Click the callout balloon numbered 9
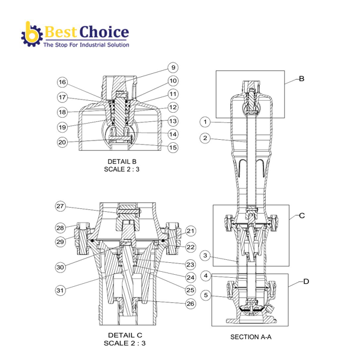coord(173,68)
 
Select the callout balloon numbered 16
coord(62,82)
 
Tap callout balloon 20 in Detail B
coord(62,142)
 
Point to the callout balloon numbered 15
coord(173,147)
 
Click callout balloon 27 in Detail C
coord(61,206)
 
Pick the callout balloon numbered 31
coord(61,290)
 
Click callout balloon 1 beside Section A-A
coord(205,122)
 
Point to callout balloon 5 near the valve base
coord(205,295)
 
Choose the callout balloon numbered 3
coord(205,256)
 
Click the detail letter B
coord(302,79)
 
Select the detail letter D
coord(306,280)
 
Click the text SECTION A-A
coord(251,337)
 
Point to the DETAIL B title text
coord(123,161)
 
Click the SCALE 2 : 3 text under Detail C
coord(124,343)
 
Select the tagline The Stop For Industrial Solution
coord(86,44)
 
